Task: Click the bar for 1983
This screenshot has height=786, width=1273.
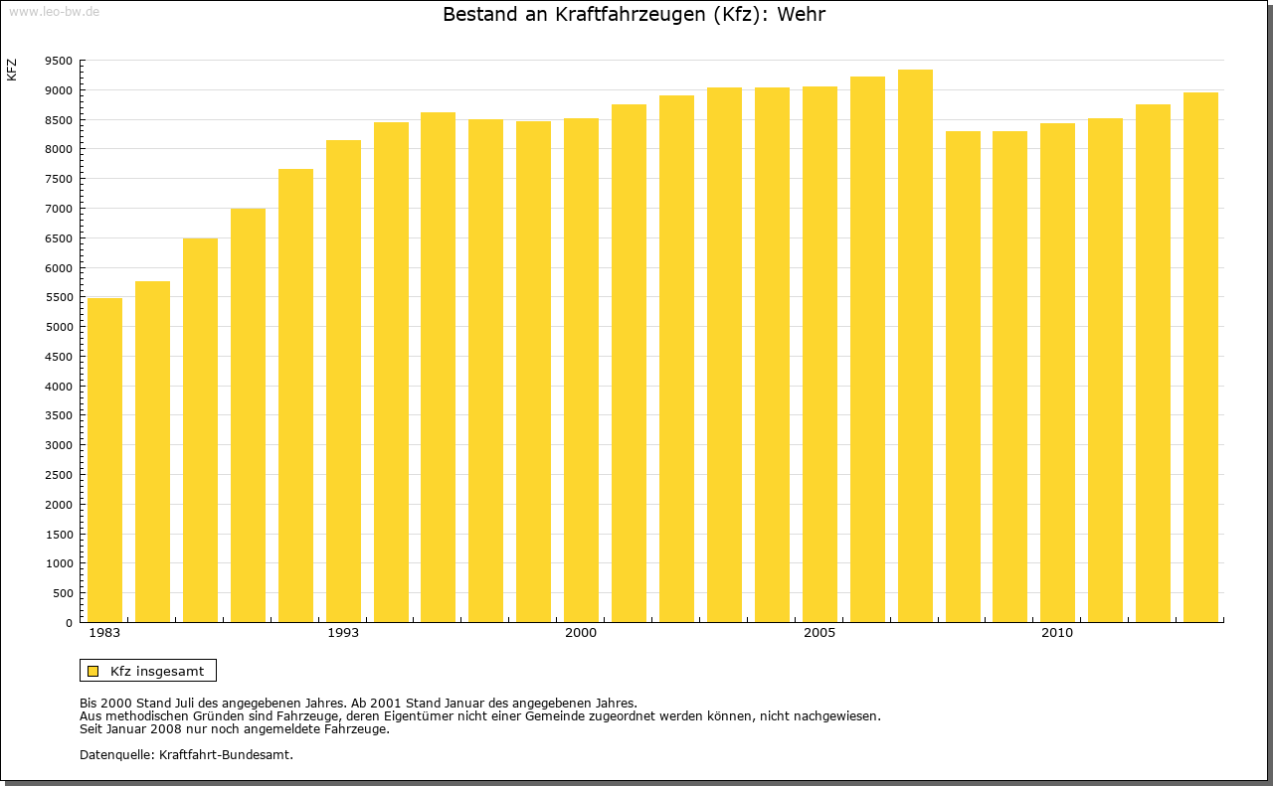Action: coord(104,460)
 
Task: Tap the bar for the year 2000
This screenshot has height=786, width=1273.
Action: coord(581,370)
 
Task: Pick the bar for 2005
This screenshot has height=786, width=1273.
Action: coord(819,354)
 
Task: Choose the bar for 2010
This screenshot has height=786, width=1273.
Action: coord(1057,373)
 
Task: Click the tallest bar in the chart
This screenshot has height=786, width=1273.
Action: coord(915,346)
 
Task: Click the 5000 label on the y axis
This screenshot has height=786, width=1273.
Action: coord(59,327)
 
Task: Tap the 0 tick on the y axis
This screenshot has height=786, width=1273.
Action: coord(68,623)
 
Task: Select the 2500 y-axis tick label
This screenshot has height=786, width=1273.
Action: coord(59,475)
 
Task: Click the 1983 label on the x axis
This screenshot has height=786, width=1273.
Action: coord(104,633)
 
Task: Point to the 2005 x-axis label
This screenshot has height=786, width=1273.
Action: coord(819,633)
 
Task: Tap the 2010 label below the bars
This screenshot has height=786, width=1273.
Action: coord(1057,633)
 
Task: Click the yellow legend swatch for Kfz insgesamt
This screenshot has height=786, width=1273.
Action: coord(93,671)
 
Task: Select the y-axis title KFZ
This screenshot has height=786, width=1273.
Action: coord(12,70)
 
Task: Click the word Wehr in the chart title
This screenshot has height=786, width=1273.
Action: coord(803,15)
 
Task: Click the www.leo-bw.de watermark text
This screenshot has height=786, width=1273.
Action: coord(54,11)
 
